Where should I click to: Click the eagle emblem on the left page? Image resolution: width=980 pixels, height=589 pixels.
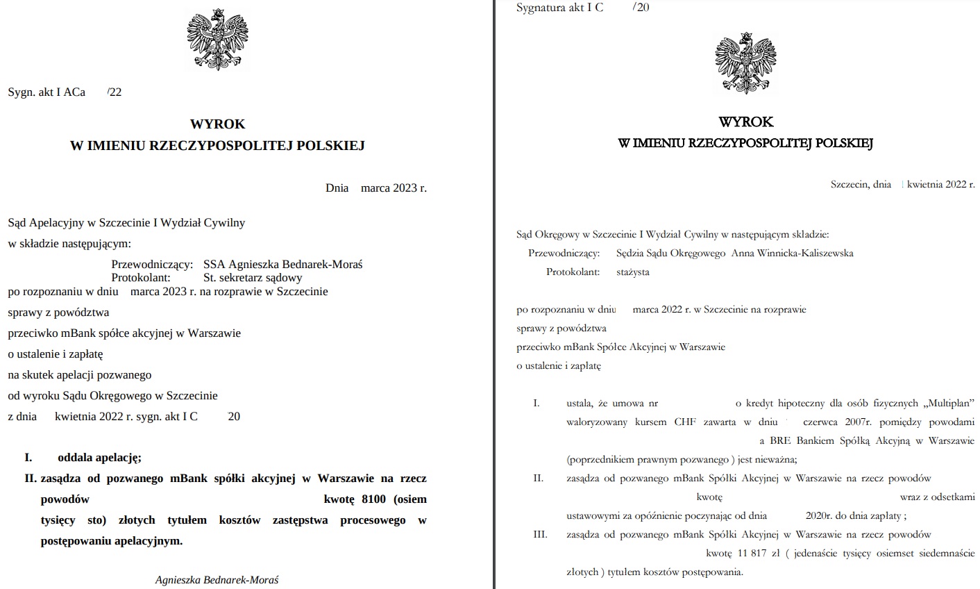pyautogui.click(x=217, y=40)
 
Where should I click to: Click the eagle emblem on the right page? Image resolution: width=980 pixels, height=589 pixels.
pyautogui.click(x=745, y=63)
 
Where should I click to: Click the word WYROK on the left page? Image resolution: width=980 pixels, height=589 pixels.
pyautogui.click(x=217, y=124)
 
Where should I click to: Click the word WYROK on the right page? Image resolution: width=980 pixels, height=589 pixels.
pyautogui.click(x=745, y=122)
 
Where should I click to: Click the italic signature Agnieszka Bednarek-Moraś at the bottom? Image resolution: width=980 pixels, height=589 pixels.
pyautogui.click(x=217, y=580)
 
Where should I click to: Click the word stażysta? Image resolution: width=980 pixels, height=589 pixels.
pyautogui.click(x=633, y=272)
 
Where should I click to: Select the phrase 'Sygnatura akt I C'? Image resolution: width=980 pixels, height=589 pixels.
pyautogui.click(x=559, y=8)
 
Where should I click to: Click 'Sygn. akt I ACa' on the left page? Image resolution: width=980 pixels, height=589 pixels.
pyautogui.click(x=47, y=92)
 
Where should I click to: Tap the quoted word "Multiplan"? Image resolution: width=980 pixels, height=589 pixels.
pyautogui.click(x=949, y=404)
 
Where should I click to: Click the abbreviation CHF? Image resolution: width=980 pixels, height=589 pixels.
pyautogui.click(x=684, y=422)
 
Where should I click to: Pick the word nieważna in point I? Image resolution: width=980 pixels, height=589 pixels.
pyautogui.click(x=775, y=460)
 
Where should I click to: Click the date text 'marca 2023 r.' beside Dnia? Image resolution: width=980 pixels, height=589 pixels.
pyautogui.click(x=394, y=188)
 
